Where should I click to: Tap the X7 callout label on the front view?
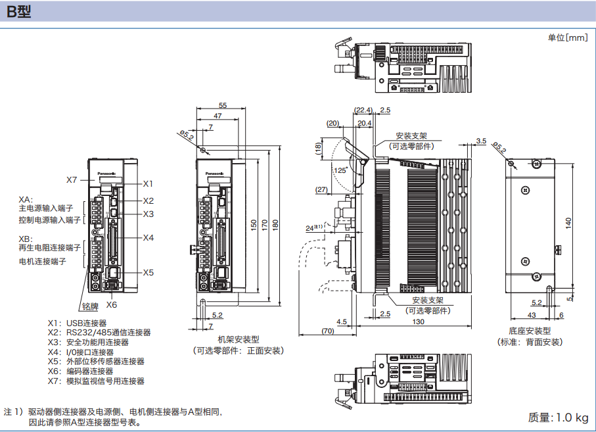(x=72, y=180)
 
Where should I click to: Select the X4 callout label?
(x=148, y=237)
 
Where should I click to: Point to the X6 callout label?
(x=112, y=304)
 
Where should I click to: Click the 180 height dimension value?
(x=276, y=224)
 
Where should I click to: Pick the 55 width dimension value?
(x=223, y=105)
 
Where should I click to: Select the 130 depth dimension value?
(x=418, y=322)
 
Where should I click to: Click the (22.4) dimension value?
(x=363, y=110)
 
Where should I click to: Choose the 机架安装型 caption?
(x=239, y=339)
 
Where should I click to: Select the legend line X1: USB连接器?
(x=77, y=323)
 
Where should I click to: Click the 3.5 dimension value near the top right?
(x=480, y=141)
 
